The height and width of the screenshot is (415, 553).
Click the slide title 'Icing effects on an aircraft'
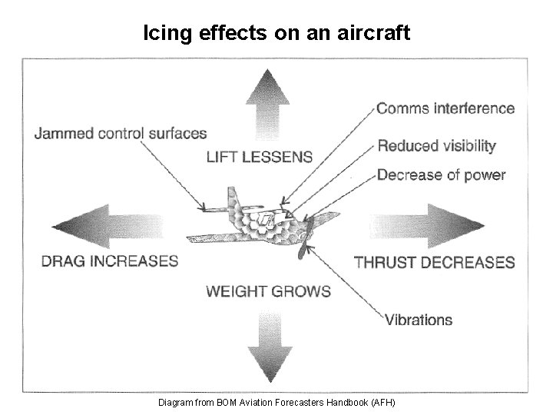[x=276, y=33]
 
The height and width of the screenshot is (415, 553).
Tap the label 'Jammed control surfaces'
[x=120, y=133]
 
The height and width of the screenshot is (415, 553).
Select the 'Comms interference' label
[x=445, y=108]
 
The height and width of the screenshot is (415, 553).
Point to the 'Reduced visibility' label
[x=436, y=146]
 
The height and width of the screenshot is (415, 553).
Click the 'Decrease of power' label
[x=441, y=175]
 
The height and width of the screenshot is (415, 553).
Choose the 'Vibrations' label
[x=418, y=319]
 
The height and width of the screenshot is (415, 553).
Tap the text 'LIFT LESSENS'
[x=260, y=157]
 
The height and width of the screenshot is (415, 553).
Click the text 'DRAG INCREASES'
[x=110, y=261]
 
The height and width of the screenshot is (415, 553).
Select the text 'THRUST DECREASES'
[x=434, y=263]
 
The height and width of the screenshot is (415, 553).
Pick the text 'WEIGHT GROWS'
[x=268, y=291]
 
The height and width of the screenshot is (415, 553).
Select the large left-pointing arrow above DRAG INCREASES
[x=104, y=224]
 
